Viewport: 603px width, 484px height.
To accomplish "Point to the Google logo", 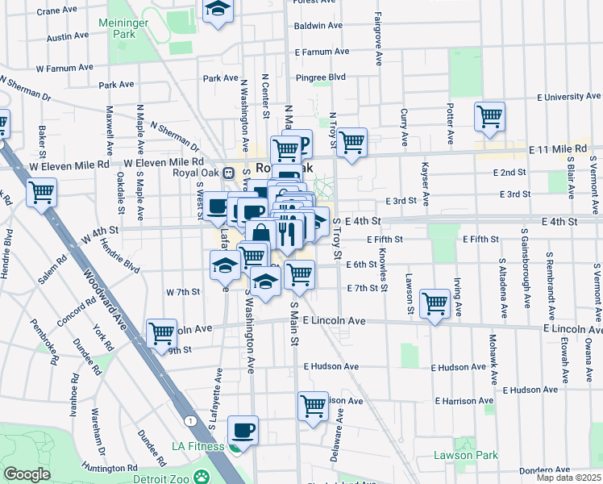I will [27, 474].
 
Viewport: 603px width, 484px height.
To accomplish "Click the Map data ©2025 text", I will [568, 478].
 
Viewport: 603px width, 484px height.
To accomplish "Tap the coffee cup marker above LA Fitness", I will [242, 430].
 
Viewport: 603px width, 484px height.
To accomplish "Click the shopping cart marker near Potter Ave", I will [489, 116].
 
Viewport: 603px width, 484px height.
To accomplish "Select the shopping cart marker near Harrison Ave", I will [313, 406].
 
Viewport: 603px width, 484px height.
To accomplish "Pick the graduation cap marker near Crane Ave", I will [217, 10].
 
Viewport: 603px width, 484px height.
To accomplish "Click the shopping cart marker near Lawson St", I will [435, 304].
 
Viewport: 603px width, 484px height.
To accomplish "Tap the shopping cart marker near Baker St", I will [41, 193].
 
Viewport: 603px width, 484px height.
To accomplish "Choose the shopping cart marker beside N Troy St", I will [352, 143].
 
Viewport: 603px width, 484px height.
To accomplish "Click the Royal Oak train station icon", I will [229, 171].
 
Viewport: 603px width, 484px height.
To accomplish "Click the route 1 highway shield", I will [189, 421].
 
